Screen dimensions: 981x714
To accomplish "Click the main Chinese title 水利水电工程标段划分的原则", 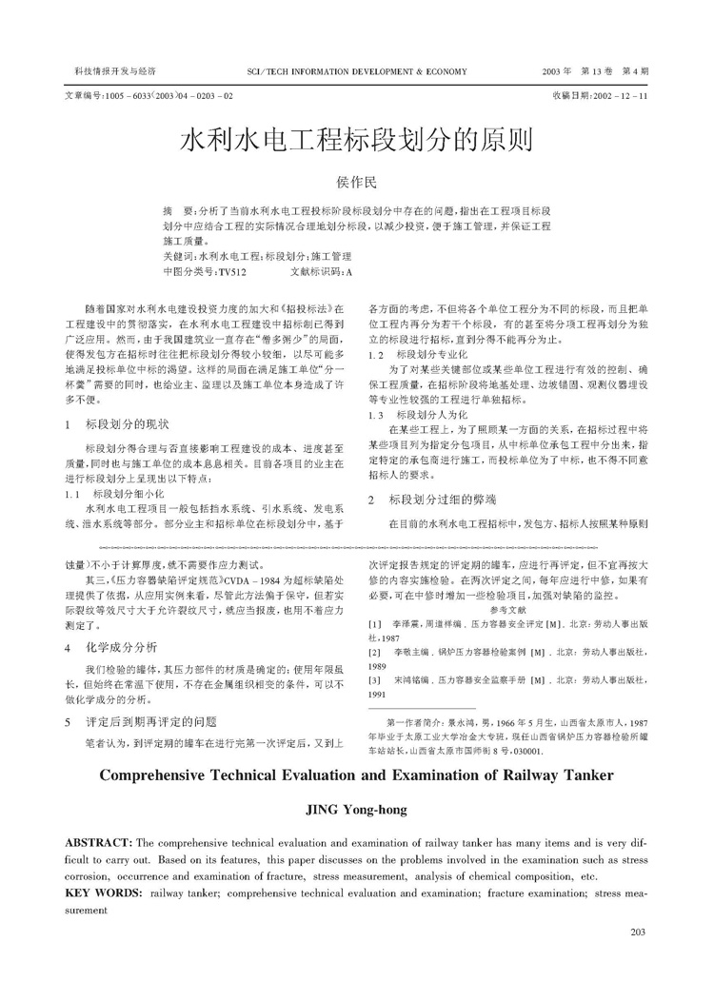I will pos(356,141).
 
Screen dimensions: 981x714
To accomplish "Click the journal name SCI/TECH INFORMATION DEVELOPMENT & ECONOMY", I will pos(357,71).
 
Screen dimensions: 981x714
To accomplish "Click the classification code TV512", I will pos(232,271).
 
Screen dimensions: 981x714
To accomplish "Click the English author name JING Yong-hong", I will pos(356,810).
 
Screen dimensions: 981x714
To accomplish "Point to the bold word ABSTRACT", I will pos(99,844).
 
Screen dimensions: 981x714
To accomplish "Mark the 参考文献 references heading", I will pos(506,608).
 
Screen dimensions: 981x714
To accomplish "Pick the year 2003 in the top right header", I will pos(555,71).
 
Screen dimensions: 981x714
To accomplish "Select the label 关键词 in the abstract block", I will pos(179,257).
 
